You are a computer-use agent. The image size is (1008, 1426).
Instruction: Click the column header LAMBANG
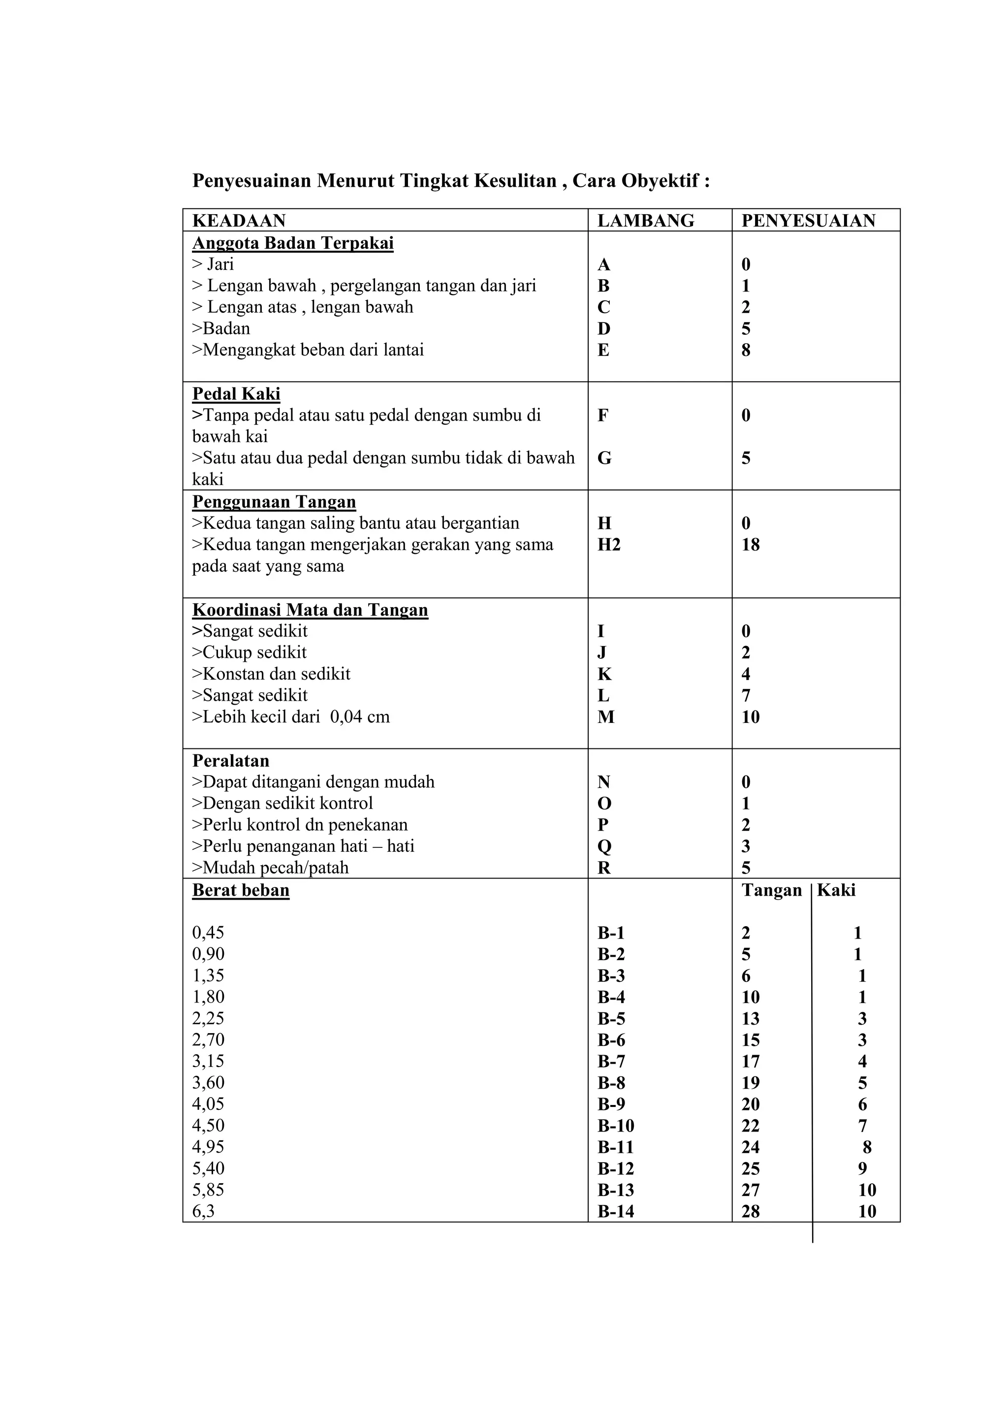tap(646, 221)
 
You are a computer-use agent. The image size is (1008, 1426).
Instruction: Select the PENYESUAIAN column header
tap(808, 221)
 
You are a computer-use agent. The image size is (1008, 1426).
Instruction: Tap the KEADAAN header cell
tap(239, 221)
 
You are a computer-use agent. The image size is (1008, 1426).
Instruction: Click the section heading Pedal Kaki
tap(236, 394)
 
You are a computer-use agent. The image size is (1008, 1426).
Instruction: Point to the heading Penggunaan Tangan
tap(274, 502)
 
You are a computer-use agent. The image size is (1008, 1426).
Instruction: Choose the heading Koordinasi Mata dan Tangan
tap(310, 610)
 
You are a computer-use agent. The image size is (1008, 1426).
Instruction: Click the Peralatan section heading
tap(230, 761)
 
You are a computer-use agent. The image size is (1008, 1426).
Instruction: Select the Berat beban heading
tap(241, 890)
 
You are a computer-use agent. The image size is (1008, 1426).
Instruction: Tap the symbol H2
tap(609, 545)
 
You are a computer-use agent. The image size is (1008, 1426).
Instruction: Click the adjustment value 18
tap(751, 545)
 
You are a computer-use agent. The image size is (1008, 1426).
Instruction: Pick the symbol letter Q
tap(604, 846)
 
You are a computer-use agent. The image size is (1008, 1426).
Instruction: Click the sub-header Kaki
tap(836, 890)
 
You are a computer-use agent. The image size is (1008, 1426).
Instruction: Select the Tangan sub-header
tap(772, 890)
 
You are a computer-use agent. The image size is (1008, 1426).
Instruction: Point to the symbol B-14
tap(616, 1211)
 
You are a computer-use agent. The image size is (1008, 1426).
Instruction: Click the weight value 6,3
tap(203, 1211)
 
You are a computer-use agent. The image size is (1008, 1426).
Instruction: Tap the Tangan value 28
tap(751, 1211)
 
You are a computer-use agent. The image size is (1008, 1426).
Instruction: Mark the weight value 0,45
tap(208, 933)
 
